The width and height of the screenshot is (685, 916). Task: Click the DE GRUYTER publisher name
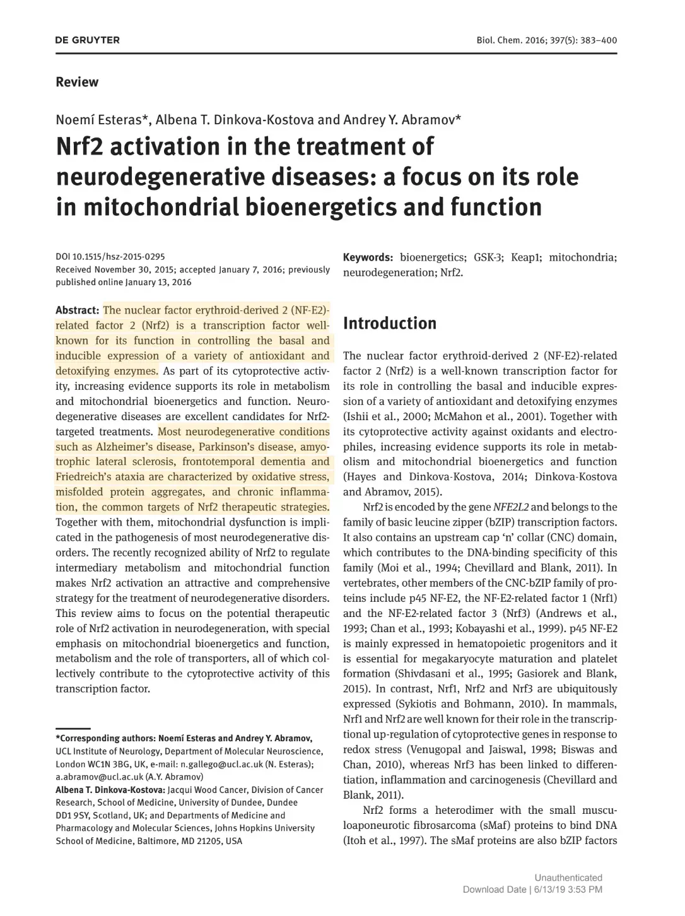point(87,40)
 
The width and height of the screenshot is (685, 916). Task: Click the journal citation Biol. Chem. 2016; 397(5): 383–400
point(546,40)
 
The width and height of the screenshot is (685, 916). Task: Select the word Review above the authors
point(77,82)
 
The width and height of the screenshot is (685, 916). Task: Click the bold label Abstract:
point(77,310)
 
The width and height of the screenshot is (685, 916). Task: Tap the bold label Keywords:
point(368,257)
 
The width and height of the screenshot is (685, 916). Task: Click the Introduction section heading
point(389,324)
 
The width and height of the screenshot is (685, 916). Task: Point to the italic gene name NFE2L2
point(511,507)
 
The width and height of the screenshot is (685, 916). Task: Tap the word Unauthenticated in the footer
point(568,878)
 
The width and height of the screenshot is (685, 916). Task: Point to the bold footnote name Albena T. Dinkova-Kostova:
point(110,790)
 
